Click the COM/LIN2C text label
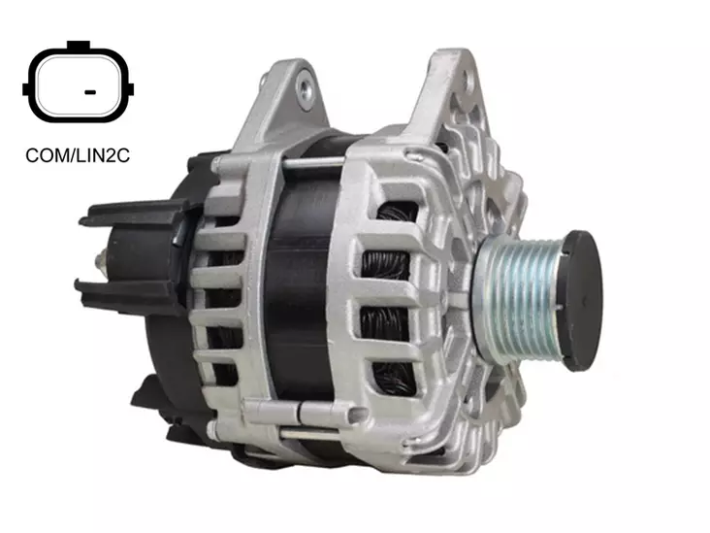tap(77, 154)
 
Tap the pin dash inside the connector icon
tap(89, 92)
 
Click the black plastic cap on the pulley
tap(588, 299)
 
